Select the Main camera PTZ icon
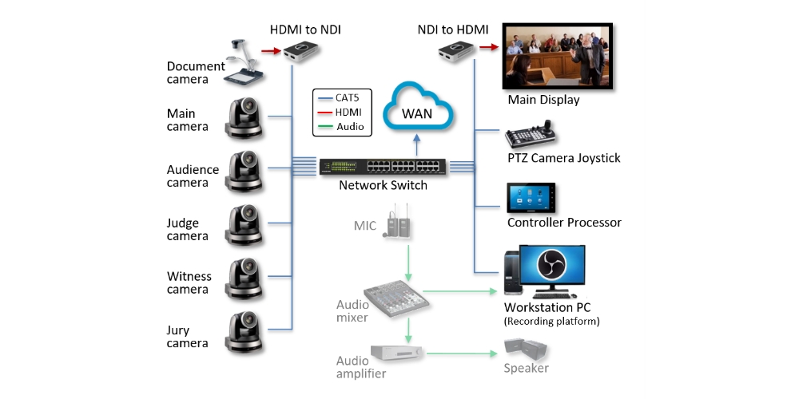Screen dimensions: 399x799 pos(243,117)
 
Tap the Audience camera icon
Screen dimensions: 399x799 pos(243,171)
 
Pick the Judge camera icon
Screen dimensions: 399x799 pos(243,225)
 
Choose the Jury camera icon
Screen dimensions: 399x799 pos(243,332)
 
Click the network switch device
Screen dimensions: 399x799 pos(382,167)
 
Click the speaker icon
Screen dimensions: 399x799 pos(527,350)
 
